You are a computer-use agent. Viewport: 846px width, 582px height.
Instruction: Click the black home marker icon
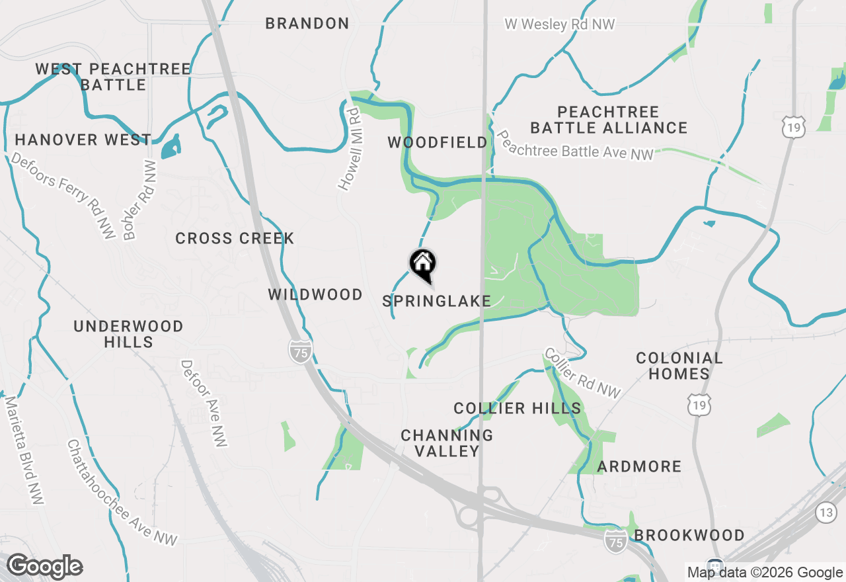[x=423, y=265]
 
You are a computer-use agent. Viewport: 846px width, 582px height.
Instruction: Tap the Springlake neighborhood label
[x=436, y=302]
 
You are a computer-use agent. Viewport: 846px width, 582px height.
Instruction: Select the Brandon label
[x=307, y=24]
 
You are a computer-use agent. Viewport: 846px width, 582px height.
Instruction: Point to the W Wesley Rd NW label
[x=560, y=24]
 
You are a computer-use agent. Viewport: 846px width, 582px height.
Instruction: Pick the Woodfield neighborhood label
[x=438, y=143]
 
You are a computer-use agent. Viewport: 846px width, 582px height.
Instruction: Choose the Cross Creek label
[x=235, y=239]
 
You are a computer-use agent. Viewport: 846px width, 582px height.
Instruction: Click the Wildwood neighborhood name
[x=315, y=295]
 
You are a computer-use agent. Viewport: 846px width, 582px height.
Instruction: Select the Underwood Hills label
[x=128, y=334]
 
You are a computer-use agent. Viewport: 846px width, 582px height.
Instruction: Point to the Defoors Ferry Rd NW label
[x=62, y=196]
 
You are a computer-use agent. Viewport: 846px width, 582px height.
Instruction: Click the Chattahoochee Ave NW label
[x=122, y=493]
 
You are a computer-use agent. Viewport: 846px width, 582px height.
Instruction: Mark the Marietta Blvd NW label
[x=24, y=450]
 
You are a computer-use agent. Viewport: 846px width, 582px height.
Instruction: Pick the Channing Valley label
[x=447, y=443]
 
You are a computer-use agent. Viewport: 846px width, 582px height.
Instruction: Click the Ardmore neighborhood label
[x=639, y=467]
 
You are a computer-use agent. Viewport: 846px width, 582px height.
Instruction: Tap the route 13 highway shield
[x=826, y=512]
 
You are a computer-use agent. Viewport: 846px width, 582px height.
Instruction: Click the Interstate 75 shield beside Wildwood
[x=300, y=351]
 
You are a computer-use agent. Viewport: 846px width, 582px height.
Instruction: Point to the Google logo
[x=44, y=567]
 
